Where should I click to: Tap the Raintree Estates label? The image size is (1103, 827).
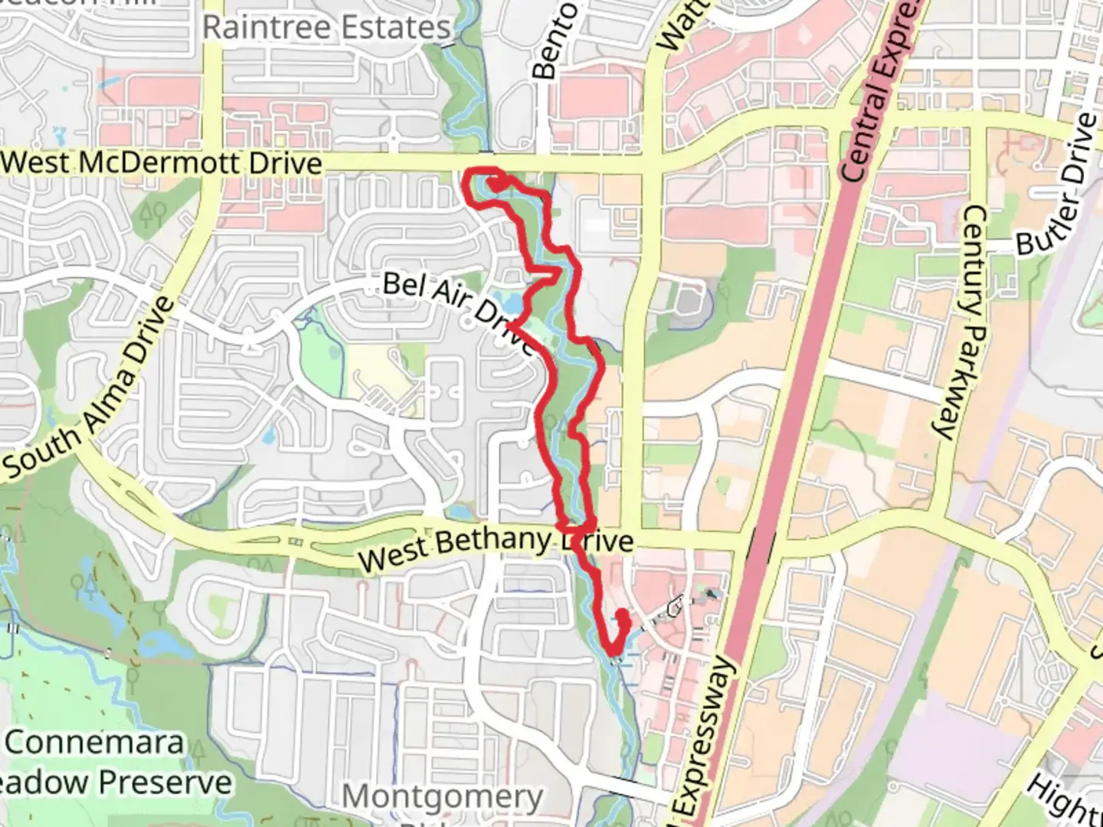coord(326,28)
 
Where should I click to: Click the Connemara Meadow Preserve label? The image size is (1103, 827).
coord(115,762)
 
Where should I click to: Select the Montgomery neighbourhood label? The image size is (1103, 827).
coord(442,797)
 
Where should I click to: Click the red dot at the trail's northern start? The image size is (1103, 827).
coord(498,185)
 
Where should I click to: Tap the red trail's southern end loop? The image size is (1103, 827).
coord(619,633)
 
